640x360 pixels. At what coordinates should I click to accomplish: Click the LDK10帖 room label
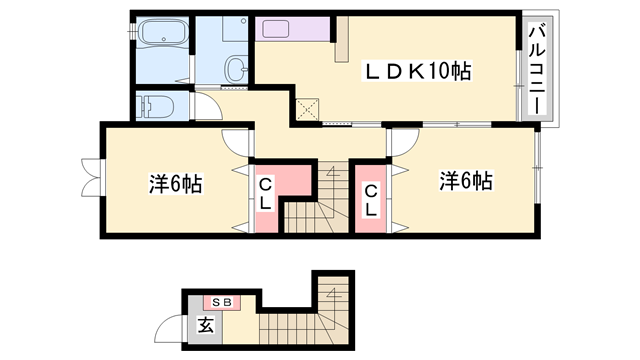click(x=417, y=71)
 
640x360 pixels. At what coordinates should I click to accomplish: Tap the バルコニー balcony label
click(x=537, y=69)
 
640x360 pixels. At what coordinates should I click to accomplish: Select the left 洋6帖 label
click(x=175, y=183)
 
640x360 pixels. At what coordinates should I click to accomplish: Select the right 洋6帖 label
click(x=466, y=180)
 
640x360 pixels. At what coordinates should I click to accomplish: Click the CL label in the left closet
click(x=265, y=195)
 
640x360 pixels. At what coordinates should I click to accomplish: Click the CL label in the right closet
click(x=371, y=200)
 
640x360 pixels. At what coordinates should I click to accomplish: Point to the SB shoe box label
click(x=222, y=302)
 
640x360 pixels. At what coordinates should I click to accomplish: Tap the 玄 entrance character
click(x=205, y=325)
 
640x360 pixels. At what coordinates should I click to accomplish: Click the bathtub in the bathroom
click(x=163, y=31)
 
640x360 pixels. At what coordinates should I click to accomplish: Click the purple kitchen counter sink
click(x=276, y=29)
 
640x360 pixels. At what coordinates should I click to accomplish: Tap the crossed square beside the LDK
click(x=307, y=109)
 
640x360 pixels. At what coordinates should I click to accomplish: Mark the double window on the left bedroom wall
click(x=91, y=177)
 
